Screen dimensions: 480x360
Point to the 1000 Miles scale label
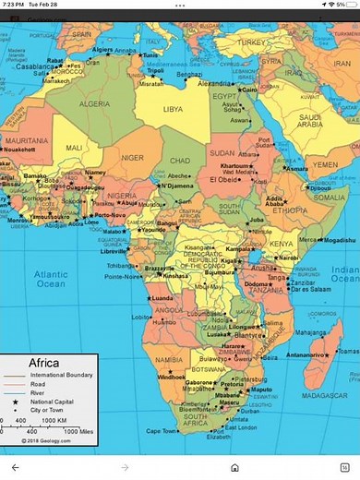click(x=78, y=431)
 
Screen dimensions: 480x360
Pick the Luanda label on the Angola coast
click(x=162, y=299)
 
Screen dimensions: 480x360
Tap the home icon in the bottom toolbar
click(x=236, y=468)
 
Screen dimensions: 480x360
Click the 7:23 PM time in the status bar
click(x=12, y=5)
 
